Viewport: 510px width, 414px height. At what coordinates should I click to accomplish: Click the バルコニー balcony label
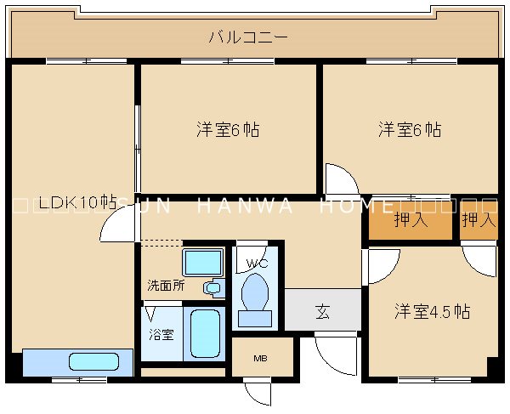[248, 37]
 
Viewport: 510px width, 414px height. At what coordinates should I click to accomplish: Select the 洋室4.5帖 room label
[431, 311]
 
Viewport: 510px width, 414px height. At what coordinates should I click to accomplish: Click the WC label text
[257, 263]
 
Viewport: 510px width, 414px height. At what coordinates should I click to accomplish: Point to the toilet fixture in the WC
[255, 296]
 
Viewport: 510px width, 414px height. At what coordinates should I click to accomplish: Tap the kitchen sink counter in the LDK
[78, 361]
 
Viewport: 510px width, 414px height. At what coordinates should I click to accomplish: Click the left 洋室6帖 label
[228, 130]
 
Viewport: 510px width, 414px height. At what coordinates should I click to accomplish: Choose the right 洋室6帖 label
[410, 130]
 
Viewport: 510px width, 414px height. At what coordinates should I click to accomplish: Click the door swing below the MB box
[258, 393]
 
